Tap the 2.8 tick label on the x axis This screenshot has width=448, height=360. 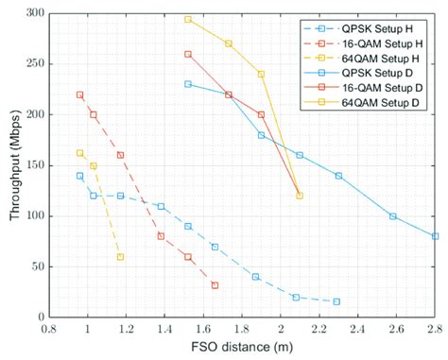[x=435, y=331]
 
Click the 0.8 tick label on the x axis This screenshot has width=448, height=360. [x=49, y=331]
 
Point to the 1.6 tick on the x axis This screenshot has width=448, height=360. [x=203, y=331]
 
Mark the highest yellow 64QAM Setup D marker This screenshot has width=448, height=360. [x=188, y=19]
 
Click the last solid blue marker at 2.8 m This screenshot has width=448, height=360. [x=435, y=236]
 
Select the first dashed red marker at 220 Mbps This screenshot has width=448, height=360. [x=79, y=94]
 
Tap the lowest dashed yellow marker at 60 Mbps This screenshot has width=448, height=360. [x=120, y=257]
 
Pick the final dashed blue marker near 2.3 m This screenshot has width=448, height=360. [x=336, y=301]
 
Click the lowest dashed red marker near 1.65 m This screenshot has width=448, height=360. [x=215, y=285]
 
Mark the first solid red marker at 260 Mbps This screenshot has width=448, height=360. [x=188, y=54]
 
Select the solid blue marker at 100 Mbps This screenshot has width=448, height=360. [x=392, y=216]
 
